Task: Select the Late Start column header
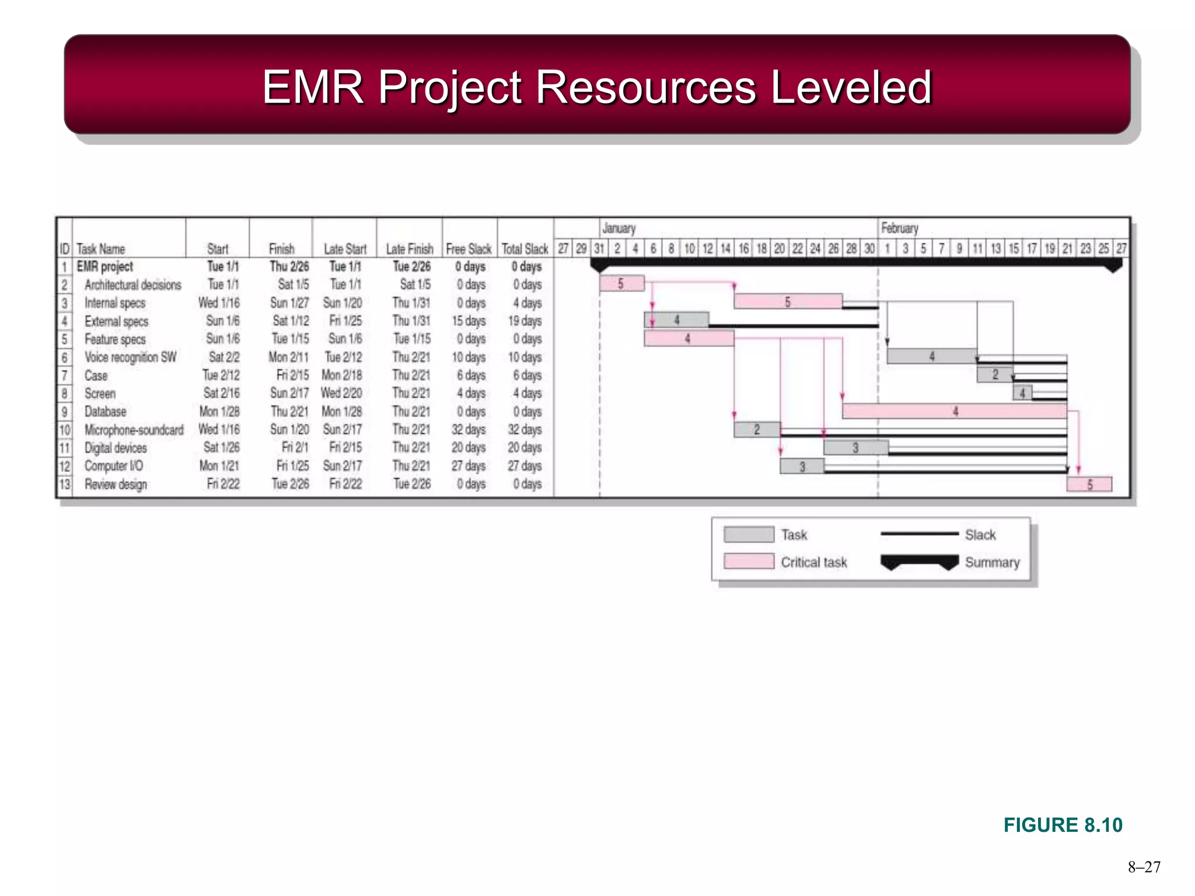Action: point(345,249)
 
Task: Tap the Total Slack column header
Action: point(525,249)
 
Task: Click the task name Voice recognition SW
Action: point(130,357)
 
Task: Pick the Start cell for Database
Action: point(219,411)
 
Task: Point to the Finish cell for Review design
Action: point(290,484)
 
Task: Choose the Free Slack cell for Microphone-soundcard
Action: point(468,430)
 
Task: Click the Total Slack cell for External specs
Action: point(525,321)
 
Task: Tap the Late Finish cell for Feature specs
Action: point(412,339)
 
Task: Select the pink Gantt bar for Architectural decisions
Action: point(622,283)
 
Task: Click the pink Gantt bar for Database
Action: point(955,411)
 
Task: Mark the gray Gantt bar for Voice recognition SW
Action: point(932,356)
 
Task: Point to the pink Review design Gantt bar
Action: point(1089,484)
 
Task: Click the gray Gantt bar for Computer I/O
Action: point(802,466)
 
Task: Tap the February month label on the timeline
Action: point(899,228)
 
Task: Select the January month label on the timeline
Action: point(619,228)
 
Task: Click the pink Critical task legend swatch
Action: point(749,561)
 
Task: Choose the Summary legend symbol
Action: point(920,562)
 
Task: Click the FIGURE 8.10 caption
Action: point(1063,825)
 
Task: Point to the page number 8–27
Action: point(1144,867)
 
